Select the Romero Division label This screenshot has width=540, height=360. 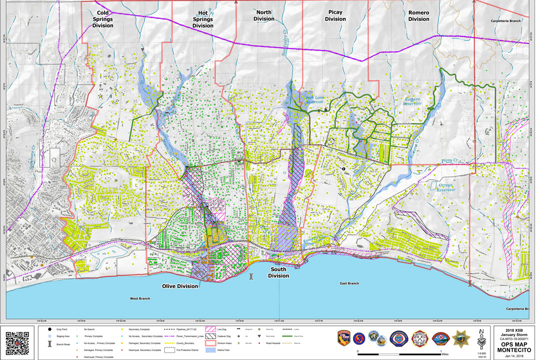tap(418, 15)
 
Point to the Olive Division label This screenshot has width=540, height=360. tap(179, 286)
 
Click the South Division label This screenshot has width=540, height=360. tap(278, 272)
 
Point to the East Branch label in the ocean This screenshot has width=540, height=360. tap(349, 283)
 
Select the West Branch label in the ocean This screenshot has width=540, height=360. tap(140, 298)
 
